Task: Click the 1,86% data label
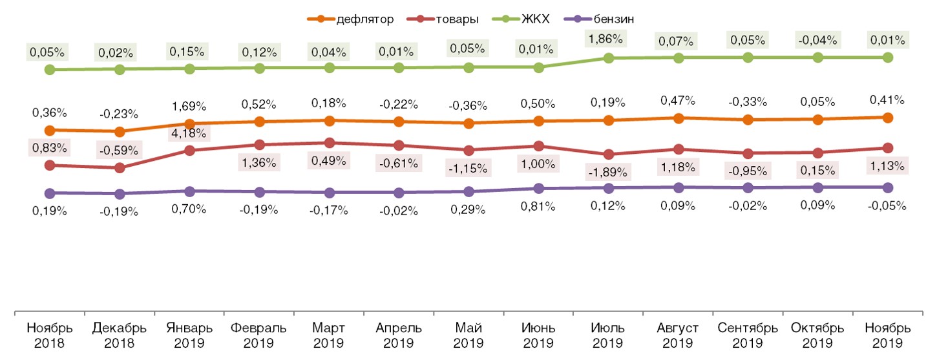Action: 607,38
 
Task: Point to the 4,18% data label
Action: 190,134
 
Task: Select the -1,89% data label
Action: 607,171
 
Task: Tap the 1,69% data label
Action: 190,106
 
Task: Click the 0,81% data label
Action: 538,206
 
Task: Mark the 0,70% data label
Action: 190,208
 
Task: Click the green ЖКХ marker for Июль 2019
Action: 608,58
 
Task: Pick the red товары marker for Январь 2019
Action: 190,151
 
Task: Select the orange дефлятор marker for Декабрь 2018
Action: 120,132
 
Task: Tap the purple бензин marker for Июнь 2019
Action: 538,189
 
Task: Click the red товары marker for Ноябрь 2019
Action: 887,148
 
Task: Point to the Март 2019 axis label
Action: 330,335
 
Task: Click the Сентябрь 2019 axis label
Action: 748,335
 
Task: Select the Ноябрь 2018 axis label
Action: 50,335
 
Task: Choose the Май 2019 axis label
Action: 469,335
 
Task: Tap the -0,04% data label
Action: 817,40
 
